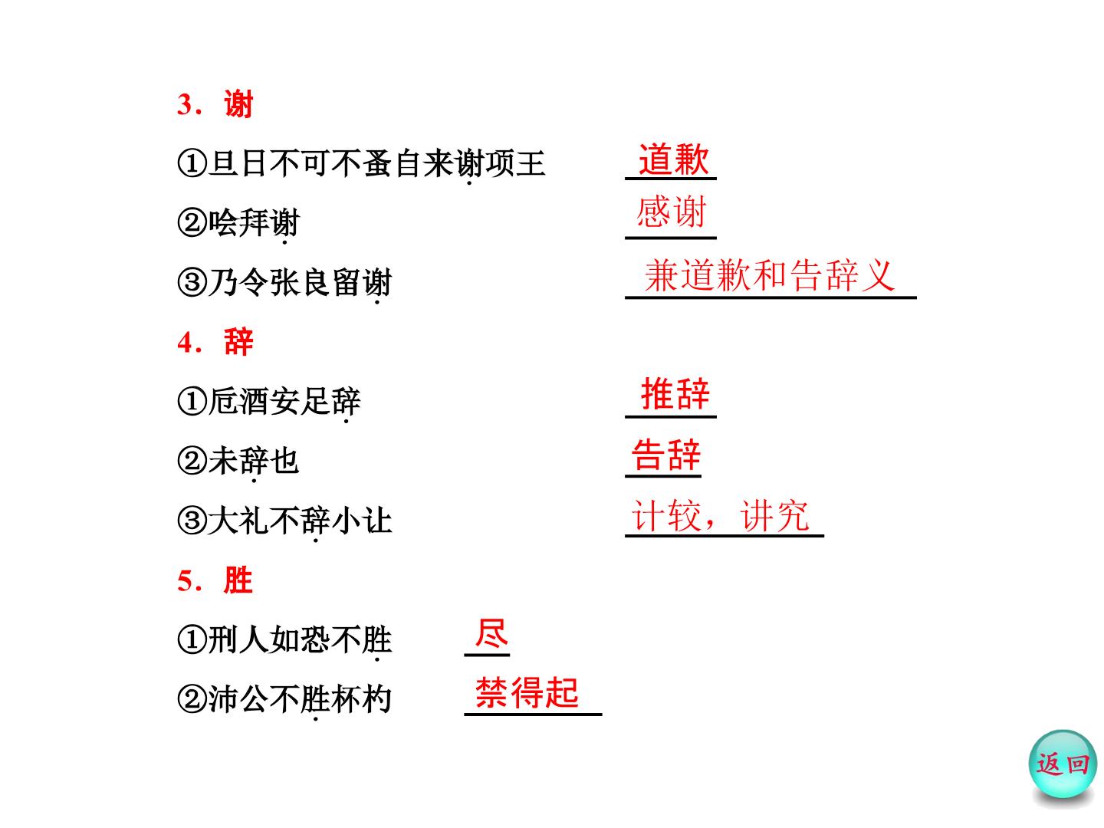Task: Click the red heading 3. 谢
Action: [215, 104]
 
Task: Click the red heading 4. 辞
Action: [215, 342]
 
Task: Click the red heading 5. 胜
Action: [215, 580]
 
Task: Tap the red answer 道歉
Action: [673, 159]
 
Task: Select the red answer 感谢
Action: [672, 212]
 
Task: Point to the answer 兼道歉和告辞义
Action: [770, 275]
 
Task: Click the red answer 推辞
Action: [675, 393]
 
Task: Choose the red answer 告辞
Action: [666, 455]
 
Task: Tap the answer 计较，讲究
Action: [720, 515]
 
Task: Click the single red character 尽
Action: [491, 633]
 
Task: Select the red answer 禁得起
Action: [527, 693]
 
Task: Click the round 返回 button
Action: [1063, 764]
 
